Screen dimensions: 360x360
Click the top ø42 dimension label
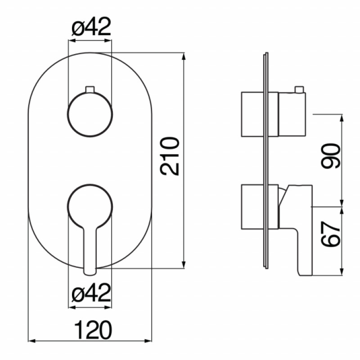coord(91,27)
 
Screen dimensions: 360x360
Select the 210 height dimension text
coord(170,156)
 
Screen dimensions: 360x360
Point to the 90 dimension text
coord(331,156)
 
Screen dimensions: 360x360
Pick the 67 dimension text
coord(331,234)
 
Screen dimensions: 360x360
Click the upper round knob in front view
coord(90,114)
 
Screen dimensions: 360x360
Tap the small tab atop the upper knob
coord(90,89)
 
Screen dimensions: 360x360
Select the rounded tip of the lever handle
coord(90,272)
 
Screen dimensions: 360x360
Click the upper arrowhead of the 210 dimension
coord(184,57)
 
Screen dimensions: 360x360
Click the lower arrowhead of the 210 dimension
coord(184,265)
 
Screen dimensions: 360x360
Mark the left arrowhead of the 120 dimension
coord(31,341)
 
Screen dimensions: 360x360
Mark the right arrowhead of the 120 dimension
coord(148,341)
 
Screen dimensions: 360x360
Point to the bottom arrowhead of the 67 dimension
coord(342,271)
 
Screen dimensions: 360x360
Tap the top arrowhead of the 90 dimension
coord(342,118)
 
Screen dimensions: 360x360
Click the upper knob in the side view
coord(292,114)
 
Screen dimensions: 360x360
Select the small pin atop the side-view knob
coord(299,89)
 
